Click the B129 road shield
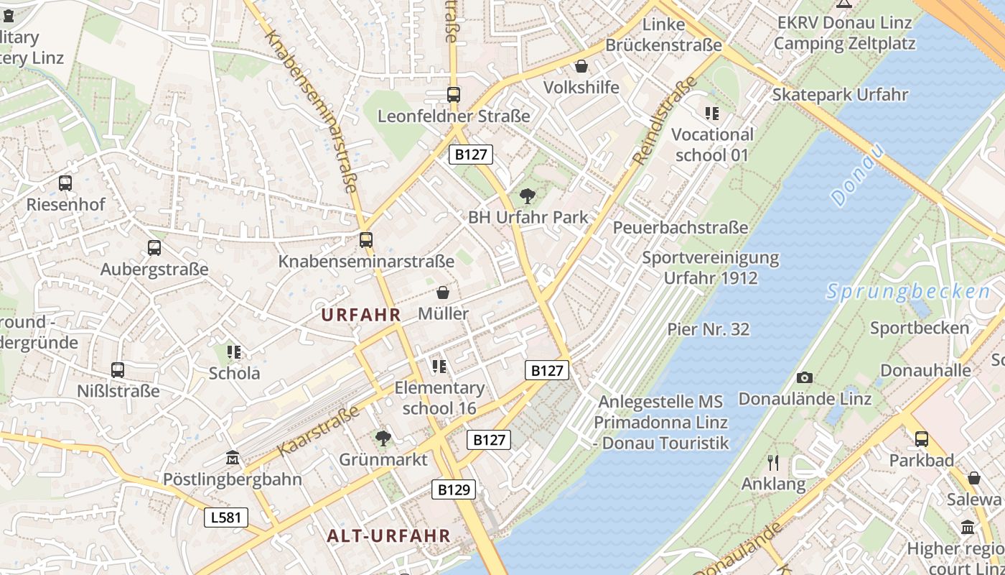[x=454, y=490]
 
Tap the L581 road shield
[x=225, y=517]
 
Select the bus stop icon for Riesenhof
[x=65, y=183]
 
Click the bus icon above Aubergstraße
[x=154, y=248]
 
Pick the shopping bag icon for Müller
[x=443, y=293]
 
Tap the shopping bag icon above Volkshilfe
[x=581, y=66]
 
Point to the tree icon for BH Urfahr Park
[x=528, y=195]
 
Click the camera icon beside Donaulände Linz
[x=805, y=377]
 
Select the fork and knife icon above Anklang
[x=773, y=462]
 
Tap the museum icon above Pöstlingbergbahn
[x=233, y=458]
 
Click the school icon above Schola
[x=234, y=351]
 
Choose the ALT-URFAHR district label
[x=388, y=535]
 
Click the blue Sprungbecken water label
[x=908, y=292]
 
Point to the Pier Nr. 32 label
[x=709, y=329]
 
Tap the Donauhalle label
[x=925, y=371]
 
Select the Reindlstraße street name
[x=666, y=121]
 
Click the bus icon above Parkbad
[x=922, y=438]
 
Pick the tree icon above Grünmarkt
[x=383, y=438]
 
